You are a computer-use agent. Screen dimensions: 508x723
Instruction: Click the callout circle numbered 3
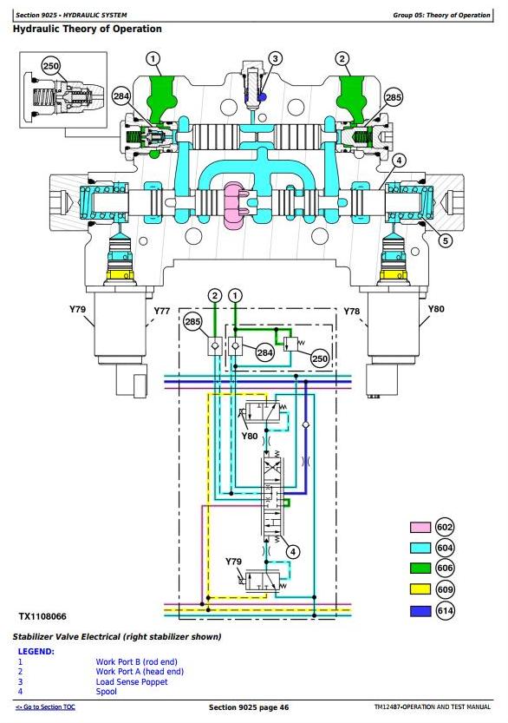point(275,58)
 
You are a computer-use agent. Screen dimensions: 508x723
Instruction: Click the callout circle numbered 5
point(445,240)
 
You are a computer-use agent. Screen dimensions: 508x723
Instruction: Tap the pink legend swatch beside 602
point(420,528)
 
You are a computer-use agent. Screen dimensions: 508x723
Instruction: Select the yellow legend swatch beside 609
point(420,589)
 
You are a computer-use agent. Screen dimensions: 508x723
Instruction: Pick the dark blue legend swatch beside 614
point(420,611)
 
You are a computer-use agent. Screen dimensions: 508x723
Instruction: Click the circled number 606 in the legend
point(445,568)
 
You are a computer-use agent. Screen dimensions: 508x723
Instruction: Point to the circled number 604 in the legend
point(445,548)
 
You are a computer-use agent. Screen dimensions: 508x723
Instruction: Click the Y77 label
point(161,311)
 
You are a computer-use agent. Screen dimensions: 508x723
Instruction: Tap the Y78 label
point(351,312)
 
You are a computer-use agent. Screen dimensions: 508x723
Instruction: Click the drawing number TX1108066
point(42,616)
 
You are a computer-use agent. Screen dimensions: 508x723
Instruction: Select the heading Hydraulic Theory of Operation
point(87,29)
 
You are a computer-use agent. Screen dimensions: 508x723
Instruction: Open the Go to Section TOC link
point(46,707)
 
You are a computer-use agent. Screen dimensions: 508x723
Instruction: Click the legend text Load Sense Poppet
point(132,681)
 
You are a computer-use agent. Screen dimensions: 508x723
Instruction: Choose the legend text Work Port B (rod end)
point(136,661)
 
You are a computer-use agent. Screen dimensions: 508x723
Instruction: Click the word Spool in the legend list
point(107,691)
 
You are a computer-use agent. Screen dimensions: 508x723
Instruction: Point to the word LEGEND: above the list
point(36,652)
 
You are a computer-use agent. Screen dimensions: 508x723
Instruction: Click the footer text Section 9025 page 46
point(249,707)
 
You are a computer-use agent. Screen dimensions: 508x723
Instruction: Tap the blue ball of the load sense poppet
point(262,97)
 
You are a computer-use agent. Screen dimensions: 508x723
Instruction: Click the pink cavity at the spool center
point(234,205)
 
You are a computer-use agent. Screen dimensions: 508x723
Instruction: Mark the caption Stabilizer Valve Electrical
point(67,637)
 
